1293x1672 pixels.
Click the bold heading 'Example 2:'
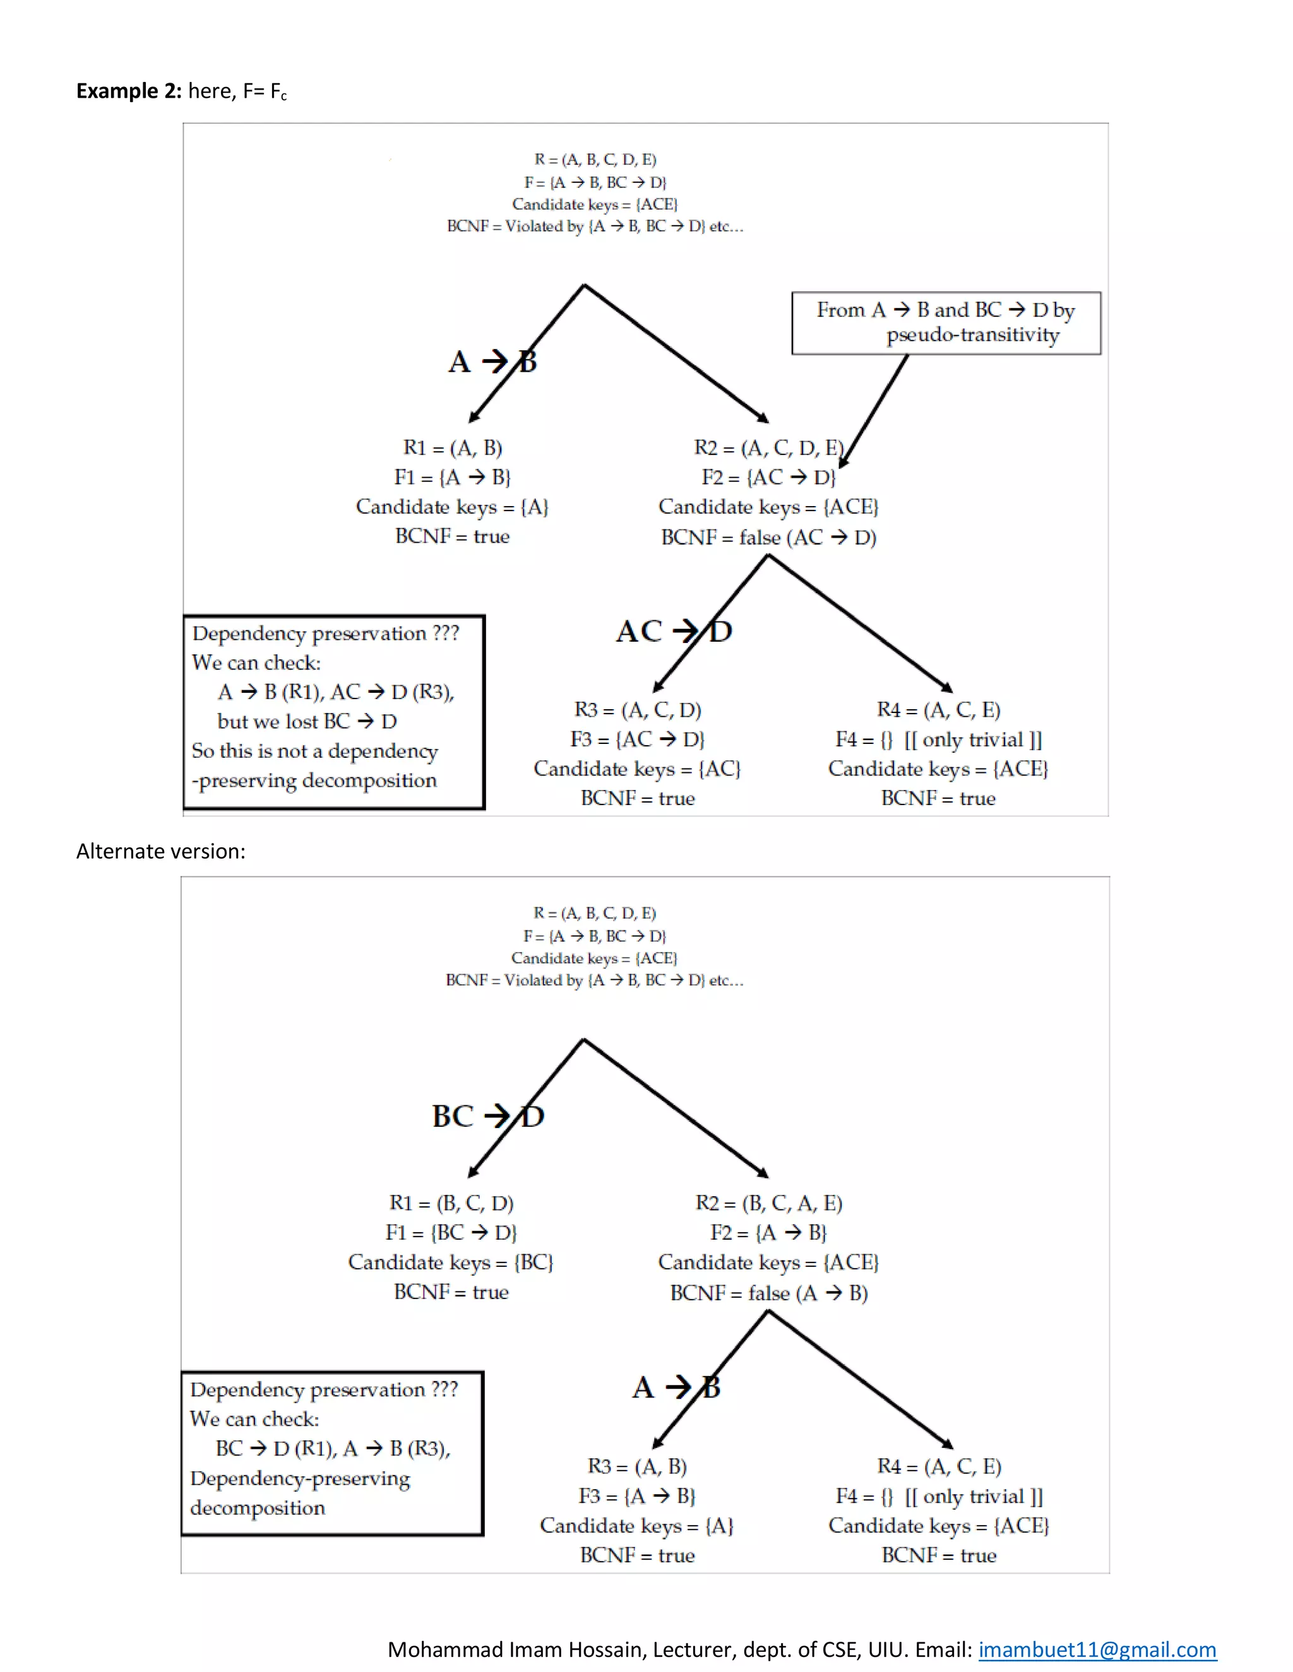pyautogui.click(x=129, y=91)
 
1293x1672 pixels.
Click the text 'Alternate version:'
pyautogui.click(x=161, y=851)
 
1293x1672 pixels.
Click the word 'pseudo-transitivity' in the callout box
pyautogui.click(x=973, y=335)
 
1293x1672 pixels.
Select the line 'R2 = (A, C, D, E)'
pyautogui.click(x=768, y=448)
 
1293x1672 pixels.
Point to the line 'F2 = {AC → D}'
pyautogui.click(x=768, y=478)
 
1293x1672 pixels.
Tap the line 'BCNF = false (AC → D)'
pyautogui.click(x=768, y=538)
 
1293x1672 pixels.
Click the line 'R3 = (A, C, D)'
pyautogui.click(x=637, y=710)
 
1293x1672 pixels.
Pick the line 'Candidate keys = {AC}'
pyautogui.click(x=637, y=768)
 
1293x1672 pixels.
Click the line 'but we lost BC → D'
pyautogui.click(x=306, y=721)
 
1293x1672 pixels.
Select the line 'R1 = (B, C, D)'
pyautogui.click(x=451, y=1203)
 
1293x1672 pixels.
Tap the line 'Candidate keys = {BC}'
pyautogui.click(x=451, y=1262)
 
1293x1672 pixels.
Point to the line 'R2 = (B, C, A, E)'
pyautogui.click(x=768, y=1203)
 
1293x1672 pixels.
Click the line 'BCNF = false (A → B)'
pyautogui.click(x=768, y=1293)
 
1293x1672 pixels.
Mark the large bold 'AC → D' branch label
pyautogui.click(x=674, y=632)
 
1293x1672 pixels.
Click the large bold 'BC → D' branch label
pyautogui.click(x=488, y=1116)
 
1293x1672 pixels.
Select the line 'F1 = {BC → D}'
pyautogui.click(x=451, y=1233)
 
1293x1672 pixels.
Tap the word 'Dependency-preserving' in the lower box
pyautogui.click(x=301, y=1478)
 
